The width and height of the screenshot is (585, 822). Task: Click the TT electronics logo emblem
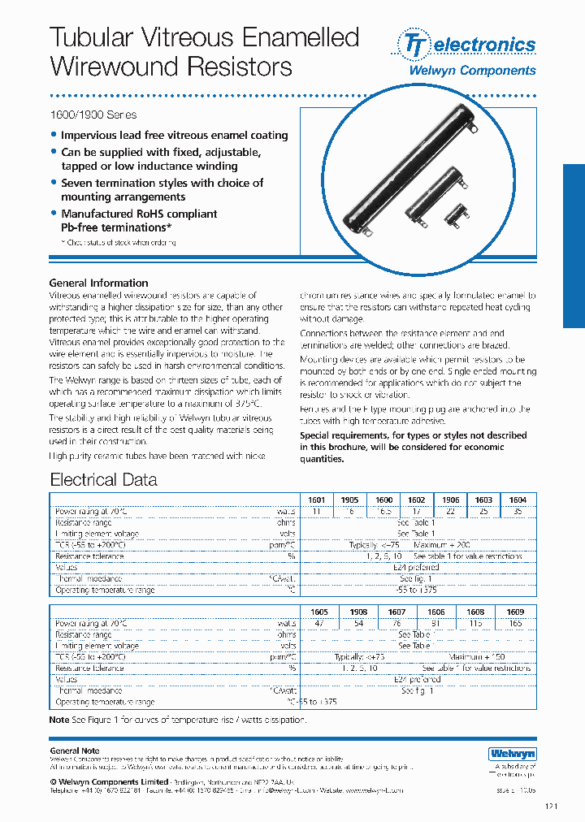(x=414, y=44)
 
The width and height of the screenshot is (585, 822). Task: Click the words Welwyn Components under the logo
(x=471, y=71)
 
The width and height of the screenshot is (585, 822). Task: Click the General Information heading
(x=99, y=283)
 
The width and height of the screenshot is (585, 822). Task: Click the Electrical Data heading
(x=103, y=479)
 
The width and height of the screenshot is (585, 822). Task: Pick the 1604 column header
(x=517, y=500)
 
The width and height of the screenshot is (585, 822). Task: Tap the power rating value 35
(x=517, y=512)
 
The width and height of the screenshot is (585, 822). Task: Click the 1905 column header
(x=350, y=500)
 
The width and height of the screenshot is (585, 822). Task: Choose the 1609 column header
(x=514, y=612)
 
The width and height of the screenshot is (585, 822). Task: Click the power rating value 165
(x=514, y=623)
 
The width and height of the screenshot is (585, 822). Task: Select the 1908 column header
(x=357, y=612)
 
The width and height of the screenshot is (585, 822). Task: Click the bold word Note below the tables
(x=59, y=720)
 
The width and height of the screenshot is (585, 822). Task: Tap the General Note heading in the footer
(x=75, y=751)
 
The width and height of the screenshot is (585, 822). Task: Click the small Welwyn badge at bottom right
(x=513, y=753)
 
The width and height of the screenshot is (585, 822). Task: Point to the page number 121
(x=529, y=806)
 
